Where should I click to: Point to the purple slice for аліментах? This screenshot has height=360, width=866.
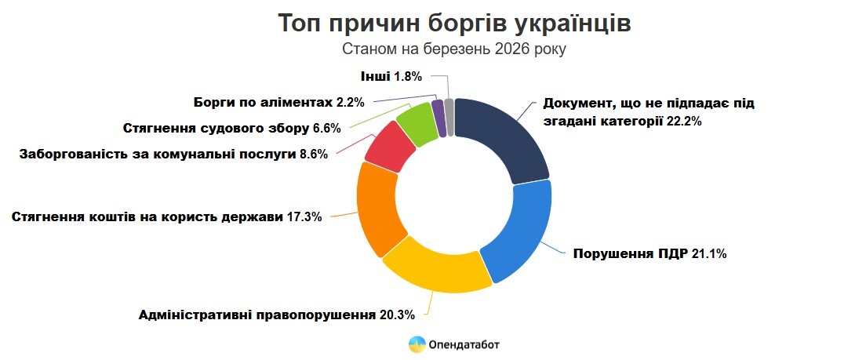click(439, 118)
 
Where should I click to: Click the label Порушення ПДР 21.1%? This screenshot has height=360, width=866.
click(655, 253)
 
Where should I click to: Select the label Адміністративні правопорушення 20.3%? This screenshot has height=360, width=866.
click(276, 315)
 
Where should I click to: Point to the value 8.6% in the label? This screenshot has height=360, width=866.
click(313, 154)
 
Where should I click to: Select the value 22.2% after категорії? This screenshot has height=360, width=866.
click(683, 122)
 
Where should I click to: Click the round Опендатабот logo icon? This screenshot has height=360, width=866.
click(417, 344)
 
